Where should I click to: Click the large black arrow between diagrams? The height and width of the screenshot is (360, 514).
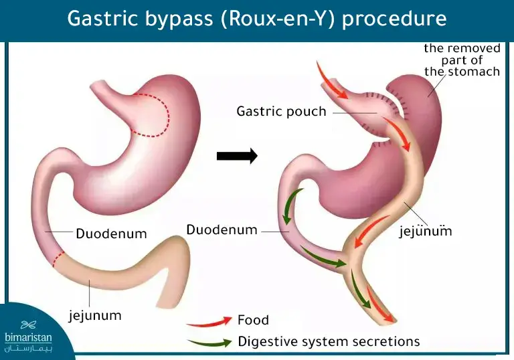tap(237, 157)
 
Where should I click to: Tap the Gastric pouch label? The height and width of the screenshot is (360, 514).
tap(281, 111)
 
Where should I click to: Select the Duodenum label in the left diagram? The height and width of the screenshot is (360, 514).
tap(111, 234)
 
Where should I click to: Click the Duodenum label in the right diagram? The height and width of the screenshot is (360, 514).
tap(222, 230)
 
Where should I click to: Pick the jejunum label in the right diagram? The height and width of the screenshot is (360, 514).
tap(426, 232)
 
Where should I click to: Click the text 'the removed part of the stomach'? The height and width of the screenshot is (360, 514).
tap(462, 60)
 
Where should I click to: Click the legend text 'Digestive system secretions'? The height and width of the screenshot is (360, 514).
tap(329, 341)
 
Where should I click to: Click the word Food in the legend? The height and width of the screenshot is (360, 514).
tap(253, 320)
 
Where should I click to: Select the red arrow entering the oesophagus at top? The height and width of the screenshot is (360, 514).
tap(328, 79)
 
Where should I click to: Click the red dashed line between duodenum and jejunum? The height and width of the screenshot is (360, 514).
tap(58, 260)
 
